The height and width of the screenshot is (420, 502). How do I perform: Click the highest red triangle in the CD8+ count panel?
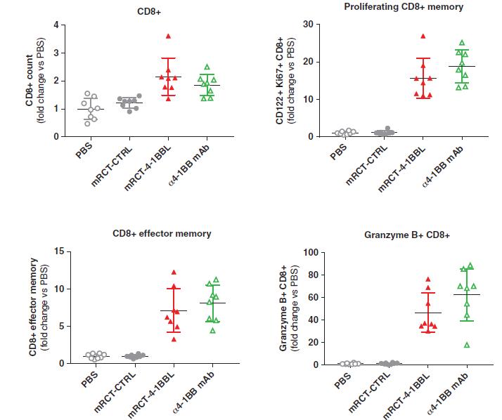tap(167, 36)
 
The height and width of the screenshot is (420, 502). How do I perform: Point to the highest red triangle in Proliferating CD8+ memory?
tap(423, 37)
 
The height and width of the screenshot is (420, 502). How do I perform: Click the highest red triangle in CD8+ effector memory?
tap(174, 272)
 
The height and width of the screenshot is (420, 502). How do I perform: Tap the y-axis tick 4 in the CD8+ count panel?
tap(58, 25)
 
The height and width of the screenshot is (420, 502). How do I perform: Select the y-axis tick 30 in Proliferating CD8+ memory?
tap(308, 25)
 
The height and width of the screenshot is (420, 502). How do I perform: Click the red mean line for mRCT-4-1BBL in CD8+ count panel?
tap(167, 77)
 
